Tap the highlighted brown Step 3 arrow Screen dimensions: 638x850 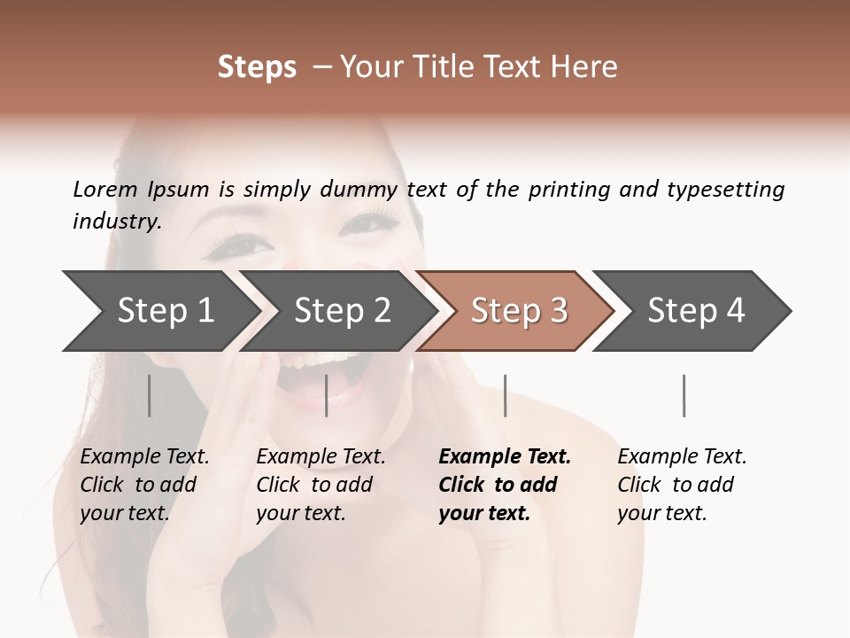coord(518,311)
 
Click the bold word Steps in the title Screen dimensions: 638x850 coord(257,67)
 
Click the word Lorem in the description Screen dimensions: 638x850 coord(105,189)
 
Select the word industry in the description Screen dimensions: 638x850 coord(117,222)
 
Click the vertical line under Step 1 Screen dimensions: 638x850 coord(150,395)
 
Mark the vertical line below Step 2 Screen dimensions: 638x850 coord(327,395)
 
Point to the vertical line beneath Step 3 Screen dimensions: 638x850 coord(505,395)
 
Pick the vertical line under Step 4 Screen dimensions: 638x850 coord(684,395)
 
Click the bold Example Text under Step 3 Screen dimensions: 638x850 coord(505,457)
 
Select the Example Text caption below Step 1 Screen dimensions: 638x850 coord(144,457)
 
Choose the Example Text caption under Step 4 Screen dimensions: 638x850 coord(682,457)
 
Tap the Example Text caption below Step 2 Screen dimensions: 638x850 coord(321,457)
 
